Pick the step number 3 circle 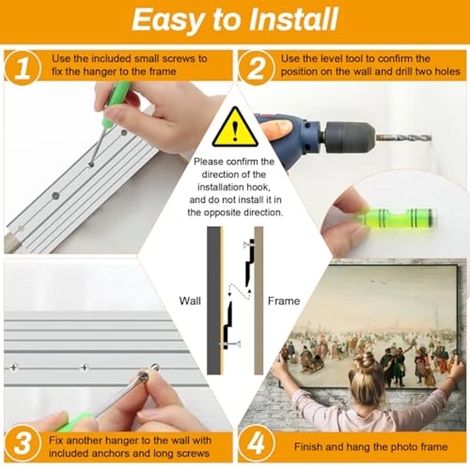coord(22,444)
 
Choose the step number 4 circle coord(256,444)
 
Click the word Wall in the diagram coord(190,301)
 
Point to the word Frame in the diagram coord(284,301)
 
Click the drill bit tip coord(430,138)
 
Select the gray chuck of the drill coord(348,136)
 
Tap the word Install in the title coord(293,19)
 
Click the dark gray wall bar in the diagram coord(214,300)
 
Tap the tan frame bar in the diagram coord(258,300)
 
